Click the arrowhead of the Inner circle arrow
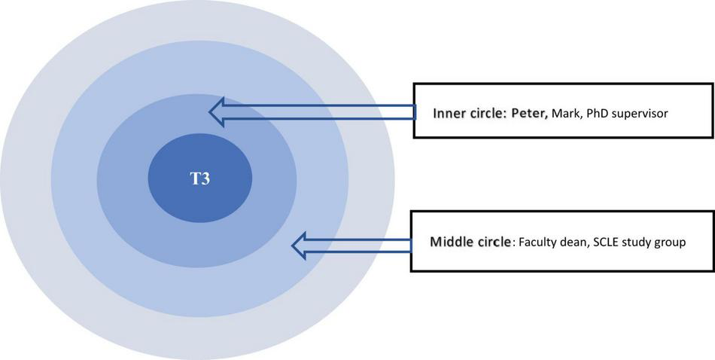pos(219,112)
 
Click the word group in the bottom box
pos(672,243)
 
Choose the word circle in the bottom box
pos(492,243)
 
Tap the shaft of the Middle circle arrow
pos(361,245)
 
